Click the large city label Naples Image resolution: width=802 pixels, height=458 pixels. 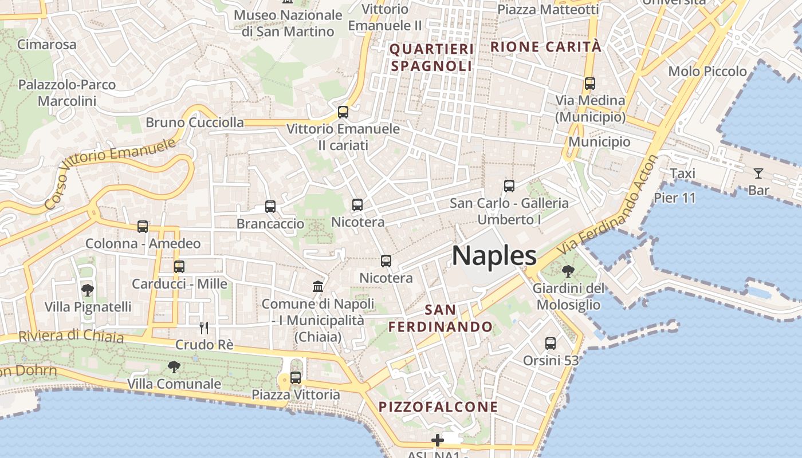click(494, 256)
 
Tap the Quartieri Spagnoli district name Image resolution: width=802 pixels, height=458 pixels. click(431, 57)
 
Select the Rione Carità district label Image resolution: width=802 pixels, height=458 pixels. click(546, 47)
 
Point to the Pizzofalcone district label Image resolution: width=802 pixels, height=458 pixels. click(438, 407)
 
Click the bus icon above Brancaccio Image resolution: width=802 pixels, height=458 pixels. click(270, 207)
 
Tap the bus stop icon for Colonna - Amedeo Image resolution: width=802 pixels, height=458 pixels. click(143, 227)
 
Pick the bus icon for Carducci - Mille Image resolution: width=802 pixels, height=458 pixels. click(179, 267)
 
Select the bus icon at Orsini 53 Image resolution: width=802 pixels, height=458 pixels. click(551, 343)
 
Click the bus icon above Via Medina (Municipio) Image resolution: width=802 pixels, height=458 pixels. click(590, 84)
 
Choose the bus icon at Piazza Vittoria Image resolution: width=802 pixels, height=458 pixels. click(296, 378)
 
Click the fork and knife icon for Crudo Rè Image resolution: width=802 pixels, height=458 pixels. click(204, 327)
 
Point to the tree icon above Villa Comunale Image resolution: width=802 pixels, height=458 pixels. click(174, 366)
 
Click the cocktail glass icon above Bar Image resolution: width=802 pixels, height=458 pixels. click(758, 173)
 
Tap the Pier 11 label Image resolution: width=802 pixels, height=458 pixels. click(674, 198)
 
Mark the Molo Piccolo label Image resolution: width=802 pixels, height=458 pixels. click(707, 72)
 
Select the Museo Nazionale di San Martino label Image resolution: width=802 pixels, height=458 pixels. click(288, 23)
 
